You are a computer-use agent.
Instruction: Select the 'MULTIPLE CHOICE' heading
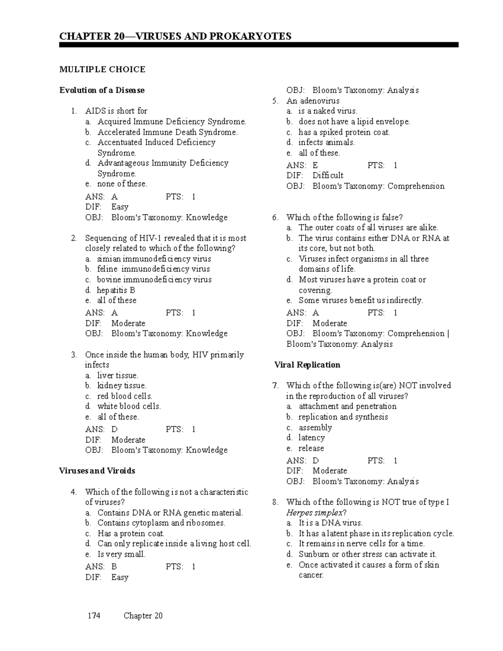(x=102, y=69)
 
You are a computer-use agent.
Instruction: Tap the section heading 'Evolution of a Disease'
(x=102, y=90)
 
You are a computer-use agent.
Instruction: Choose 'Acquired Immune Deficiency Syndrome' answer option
(x=171, y=122)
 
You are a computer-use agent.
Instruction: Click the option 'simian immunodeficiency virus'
(x=154, y=259)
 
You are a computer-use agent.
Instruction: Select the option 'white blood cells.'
(x=129, y=406)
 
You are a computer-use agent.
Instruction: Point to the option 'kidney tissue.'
(x=122, y=385)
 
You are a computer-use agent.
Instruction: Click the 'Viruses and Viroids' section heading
(x=97, y=471)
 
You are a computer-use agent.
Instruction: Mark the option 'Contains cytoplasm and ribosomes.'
(x=161, y=523)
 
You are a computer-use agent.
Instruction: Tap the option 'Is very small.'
(x=122, y=554)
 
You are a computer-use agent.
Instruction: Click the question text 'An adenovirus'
(x=313, y=101)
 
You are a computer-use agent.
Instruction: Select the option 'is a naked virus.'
(x=328, y=111)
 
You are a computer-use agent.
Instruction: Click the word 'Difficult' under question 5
(x=328, y=175)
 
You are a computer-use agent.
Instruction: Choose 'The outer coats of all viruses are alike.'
(x=368, y=228)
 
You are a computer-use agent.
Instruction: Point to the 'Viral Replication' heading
(x=307, y=365)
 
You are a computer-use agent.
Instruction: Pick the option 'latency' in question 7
(x=311, y=438)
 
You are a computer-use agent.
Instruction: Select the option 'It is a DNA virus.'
(x=330, y=523)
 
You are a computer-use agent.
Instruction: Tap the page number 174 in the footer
(x=94, y=616)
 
